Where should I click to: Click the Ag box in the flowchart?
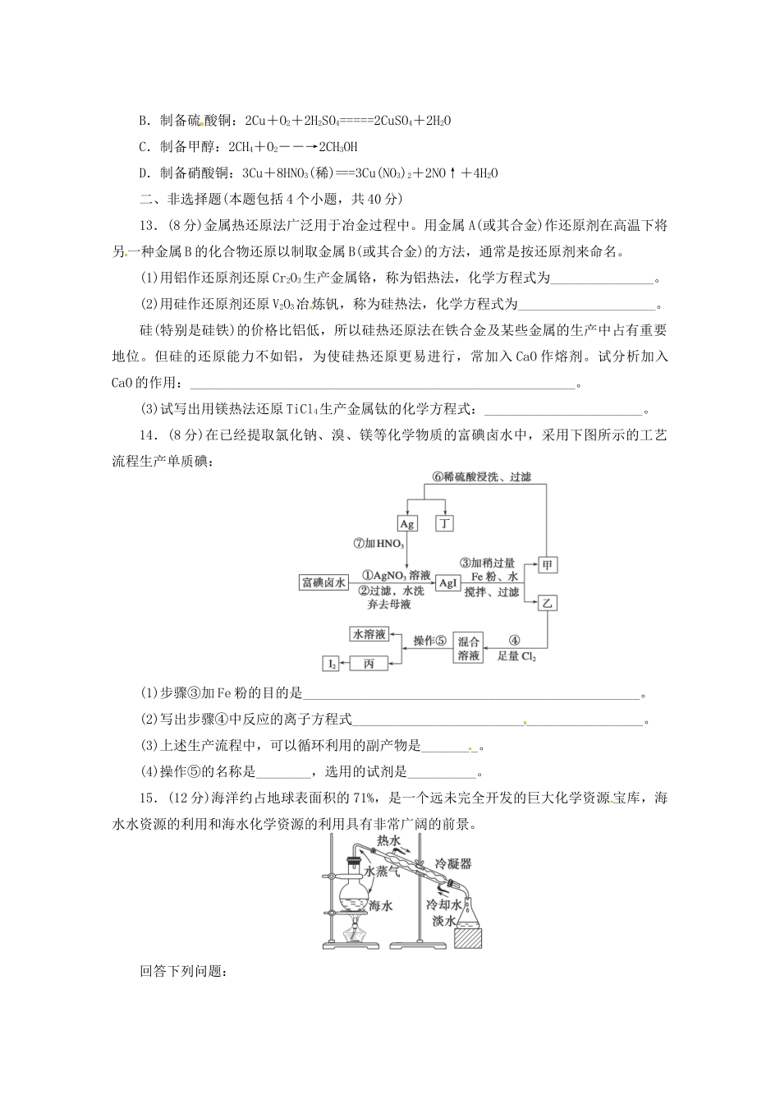tap(407, 523)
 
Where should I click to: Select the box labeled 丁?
tap(444, 523)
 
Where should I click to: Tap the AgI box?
tap(447, 583)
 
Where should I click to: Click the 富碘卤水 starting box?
tap(323, 583)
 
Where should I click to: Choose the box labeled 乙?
tap(547, 603)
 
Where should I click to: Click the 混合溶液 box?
tap(469, 648)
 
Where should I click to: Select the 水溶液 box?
tap(369, 634)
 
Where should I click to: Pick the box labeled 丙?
tap(369, 663)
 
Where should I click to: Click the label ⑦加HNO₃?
tap(378, 544)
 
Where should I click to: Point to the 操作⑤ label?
tap(430, 641)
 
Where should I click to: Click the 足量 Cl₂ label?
tap(516, 657)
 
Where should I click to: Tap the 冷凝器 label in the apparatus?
tap(453, 864)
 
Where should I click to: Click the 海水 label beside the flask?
tap(381, 905)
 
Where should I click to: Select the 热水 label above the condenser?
tap(388, 840)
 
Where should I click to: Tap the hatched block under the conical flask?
tap(467, 934)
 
